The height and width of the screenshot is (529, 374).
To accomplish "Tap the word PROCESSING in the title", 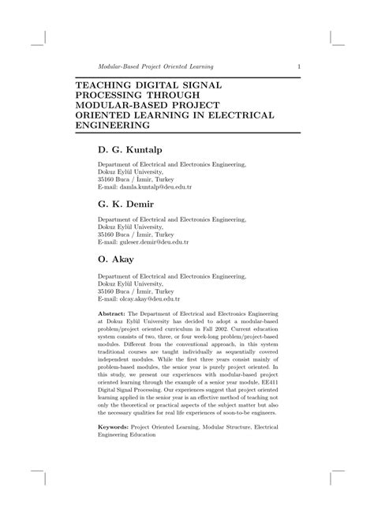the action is point(113,94).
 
